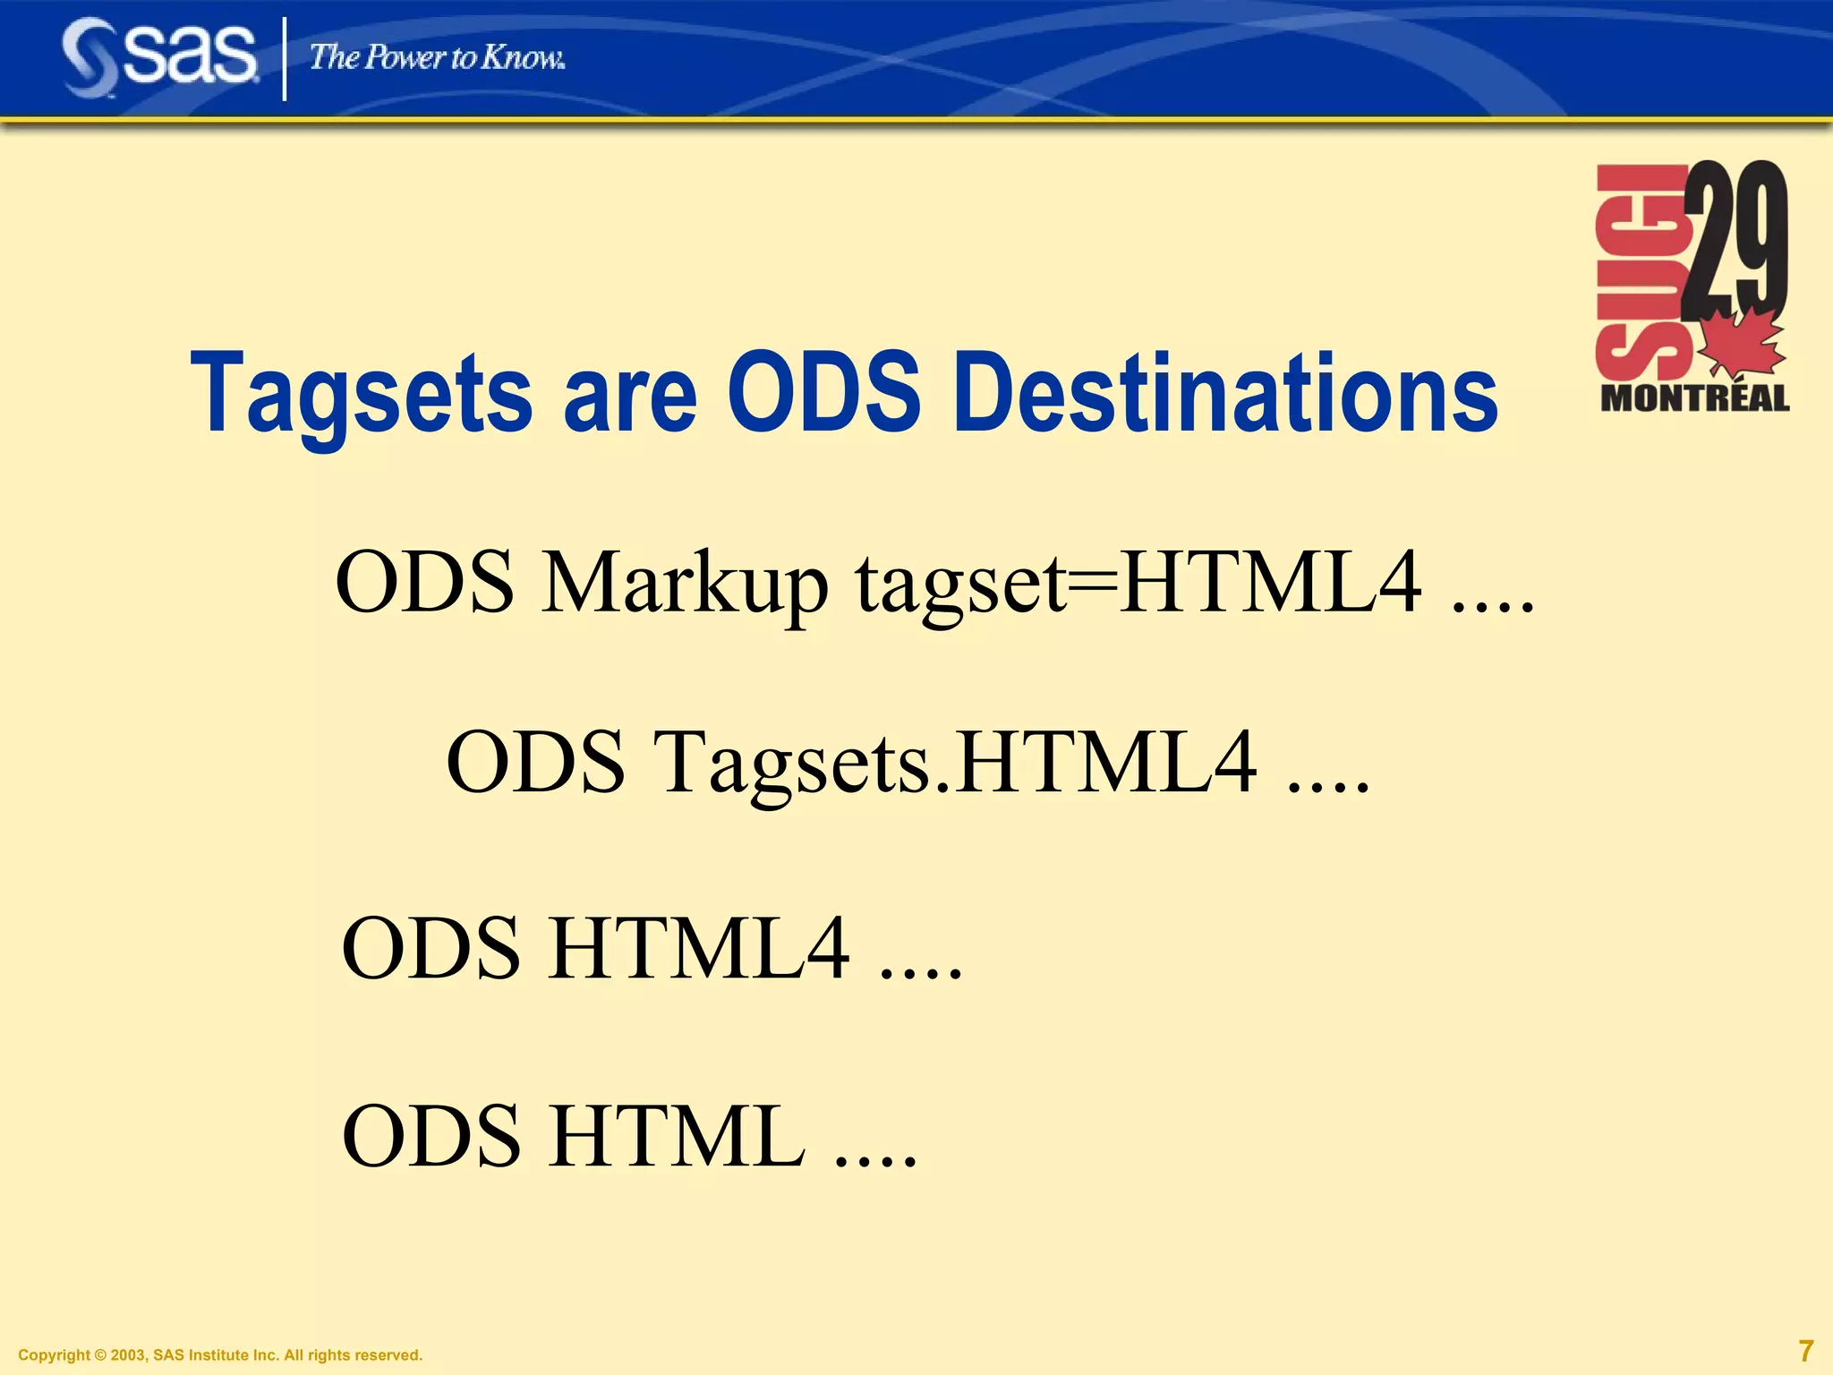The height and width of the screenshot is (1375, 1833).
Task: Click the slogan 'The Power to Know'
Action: (x=437, y=58)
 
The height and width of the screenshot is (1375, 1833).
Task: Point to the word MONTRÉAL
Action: (x=1694, y=398)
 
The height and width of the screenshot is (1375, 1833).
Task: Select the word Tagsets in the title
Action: (x=362, y=394)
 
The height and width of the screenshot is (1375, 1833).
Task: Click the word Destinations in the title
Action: (x=1225, y=394)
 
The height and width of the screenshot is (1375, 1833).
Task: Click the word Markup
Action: (x=685, y=584)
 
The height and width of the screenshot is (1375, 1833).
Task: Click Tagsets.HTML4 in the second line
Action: (x=956, y=763)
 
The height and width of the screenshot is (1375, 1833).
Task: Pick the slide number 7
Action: (x=1806, y=1350)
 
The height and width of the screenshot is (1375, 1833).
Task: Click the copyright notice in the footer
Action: (x=220, y=1355)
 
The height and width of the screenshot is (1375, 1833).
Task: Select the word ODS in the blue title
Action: (x=823, y=394)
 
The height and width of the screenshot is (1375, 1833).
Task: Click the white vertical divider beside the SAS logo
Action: (x=285, y=59)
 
